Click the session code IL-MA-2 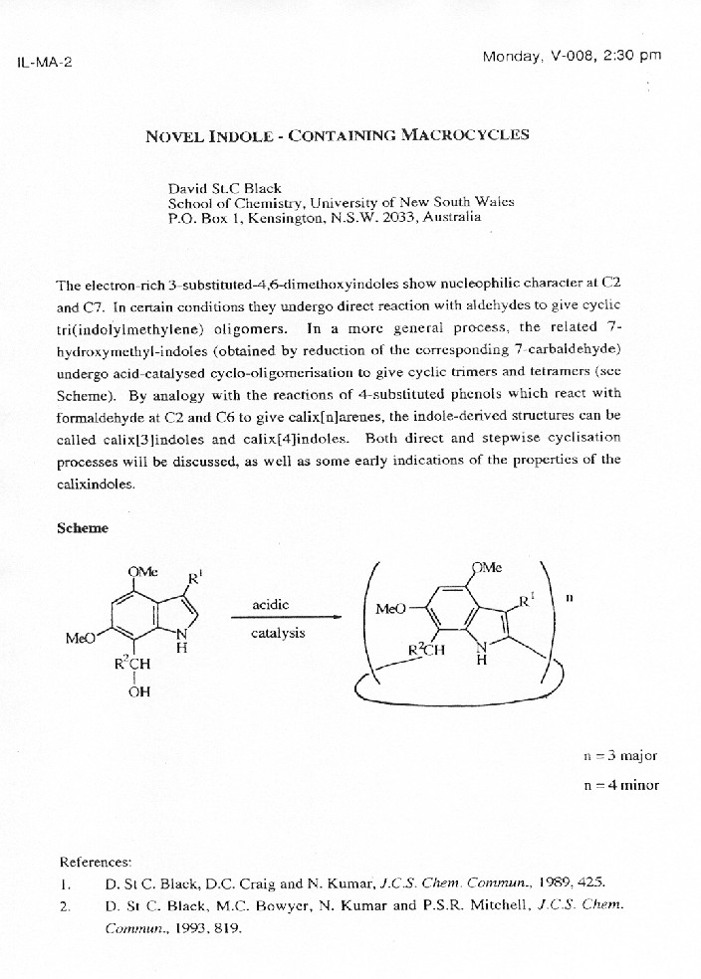click(x=44, y=62)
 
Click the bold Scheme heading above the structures click(x=83, y=528)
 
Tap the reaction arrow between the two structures click(x=286, y=618)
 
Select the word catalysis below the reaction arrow click(x=278, y=633)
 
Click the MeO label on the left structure click(x=80, y=638)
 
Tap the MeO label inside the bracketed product click(x=391, y=608)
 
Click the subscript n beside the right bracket click(x=570, y=599)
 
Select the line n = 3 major click(x=619, y=755)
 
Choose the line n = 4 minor click(x=619, y=785)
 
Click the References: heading click(x=96, y=862)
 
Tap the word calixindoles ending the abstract click(x=95, y=484)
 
